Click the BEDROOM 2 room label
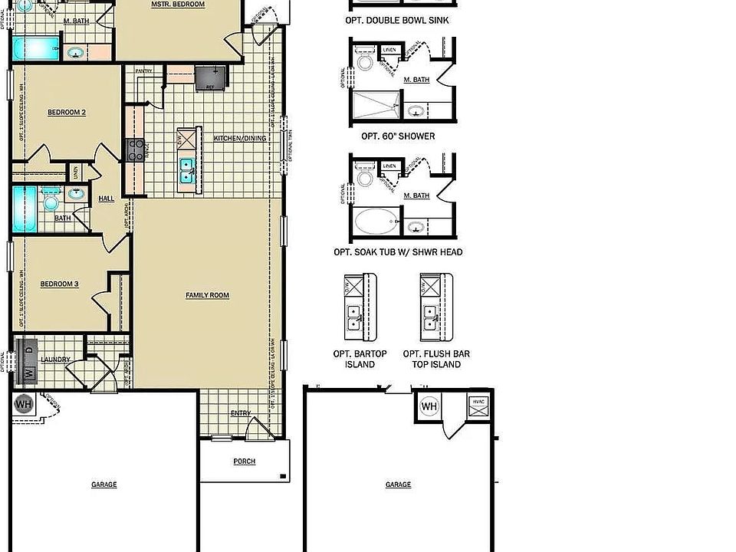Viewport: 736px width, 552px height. (x=67, y=113)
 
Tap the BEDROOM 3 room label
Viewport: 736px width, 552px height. (x=60, y=284)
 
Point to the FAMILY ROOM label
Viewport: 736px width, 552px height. (x=207, y=295)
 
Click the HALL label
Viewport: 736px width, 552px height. (x=106, y=199)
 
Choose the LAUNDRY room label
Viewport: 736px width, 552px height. (x=56, y=360)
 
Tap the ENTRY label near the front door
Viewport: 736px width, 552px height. (x=241, y=414)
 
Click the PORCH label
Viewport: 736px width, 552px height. (x=245, y=462)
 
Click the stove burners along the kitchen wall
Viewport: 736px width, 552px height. (x=135, y=149)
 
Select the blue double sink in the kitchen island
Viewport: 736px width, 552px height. (x=187, y=170)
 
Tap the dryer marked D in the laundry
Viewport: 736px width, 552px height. (x=29, y=350)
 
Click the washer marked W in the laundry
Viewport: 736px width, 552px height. (x=28, y=373)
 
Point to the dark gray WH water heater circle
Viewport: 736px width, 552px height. (x=23, y=403)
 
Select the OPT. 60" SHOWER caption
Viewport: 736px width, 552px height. (x=398, y=136)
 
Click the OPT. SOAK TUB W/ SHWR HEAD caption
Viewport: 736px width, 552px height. (x=398, y=252)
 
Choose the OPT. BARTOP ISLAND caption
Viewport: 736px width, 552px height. (x=360, y=359)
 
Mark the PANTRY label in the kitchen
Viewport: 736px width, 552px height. (x=144, y=71)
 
